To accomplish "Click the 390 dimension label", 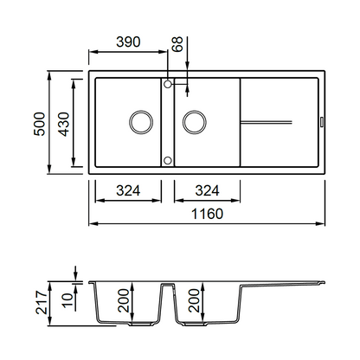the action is (128, 42).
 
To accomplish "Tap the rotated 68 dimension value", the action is (177, 44).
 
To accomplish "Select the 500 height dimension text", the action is (40, 124).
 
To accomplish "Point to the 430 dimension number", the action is (63, 124).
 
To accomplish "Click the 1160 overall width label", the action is (207, 214).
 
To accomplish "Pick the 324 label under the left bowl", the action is (128, 190).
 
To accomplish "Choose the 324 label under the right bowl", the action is (207, 190).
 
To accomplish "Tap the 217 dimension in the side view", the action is (42, 302).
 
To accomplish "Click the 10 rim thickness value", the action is (67, 300).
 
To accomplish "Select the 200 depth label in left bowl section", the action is (123, 300).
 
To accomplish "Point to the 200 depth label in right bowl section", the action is (194, 300).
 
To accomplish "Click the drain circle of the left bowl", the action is (141, 122).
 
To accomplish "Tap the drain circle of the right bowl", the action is (195, 122).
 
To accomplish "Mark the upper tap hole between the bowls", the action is (168, 84).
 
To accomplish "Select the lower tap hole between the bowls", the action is (168, 160).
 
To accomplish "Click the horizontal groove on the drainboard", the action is (267, 122).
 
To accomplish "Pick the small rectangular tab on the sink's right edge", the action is (322, 121).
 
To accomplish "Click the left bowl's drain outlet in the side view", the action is (141, 324).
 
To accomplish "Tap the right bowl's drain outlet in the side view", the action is (196, 324).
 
